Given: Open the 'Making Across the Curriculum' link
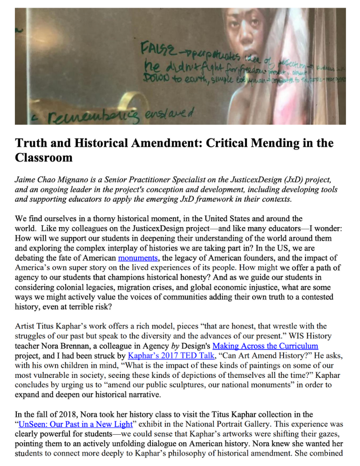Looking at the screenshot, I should pyautogui.click(x=265, y=346).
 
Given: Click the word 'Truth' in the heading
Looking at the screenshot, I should pyautogui.click(x=31, y=143).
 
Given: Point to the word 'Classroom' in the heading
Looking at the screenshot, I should pyautogui.click(x=44, y=158).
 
